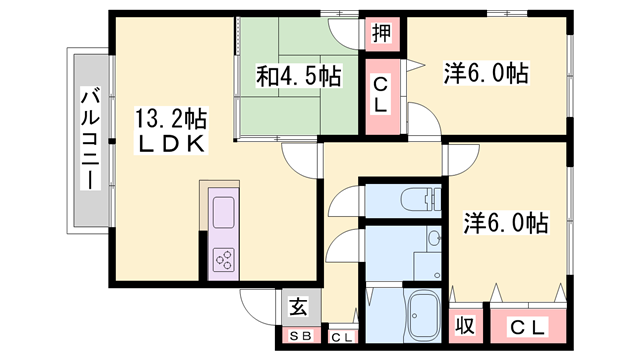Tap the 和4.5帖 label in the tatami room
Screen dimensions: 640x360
[x=298, y=76]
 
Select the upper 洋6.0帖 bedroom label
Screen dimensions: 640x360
[x=486, y=73]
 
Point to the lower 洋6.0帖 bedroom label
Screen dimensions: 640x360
[x=505, y=223]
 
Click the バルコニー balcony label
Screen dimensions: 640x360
[x=90, y=138]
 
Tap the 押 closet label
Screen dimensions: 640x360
[x=382, y=33]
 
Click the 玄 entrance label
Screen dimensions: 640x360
[x=298, y=307]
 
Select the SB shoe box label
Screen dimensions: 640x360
[x=301, y=336]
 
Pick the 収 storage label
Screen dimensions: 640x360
[x=465, y=325]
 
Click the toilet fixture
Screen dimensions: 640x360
[x=421, y=199]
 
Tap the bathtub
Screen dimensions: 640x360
[x=424, y=316]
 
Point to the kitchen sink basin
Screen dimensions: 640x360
[x=224, y=212]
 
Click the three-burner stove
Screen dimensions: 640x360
[x=224, y=260]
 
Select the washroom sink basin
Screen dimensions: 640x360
[x=434, y=238]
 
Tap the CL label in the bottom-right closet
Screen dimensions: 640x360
[x=527, y=328]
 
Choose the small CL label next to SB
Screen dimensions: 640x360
[x=342, y=338]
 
